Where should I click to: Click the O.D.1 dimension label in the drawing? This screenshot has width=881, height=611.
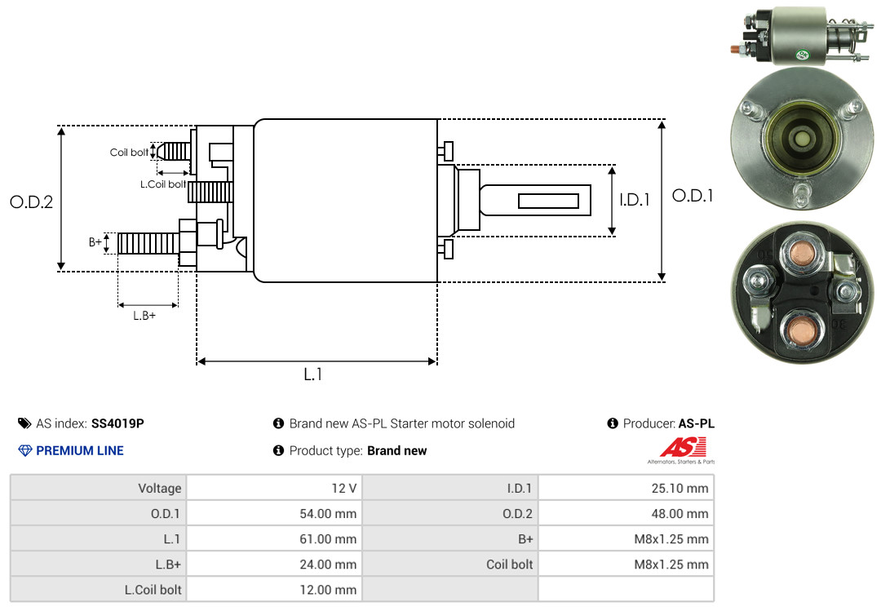693,196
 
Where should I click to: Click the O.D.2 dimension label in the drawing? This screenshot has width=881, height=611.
31,202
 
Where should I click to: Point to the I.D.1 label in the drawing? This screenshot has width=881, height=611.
634,199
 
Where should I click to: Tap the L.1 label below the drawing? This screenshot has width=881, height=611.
313,374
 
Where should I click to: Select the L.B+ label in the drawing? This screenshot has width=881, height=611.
144,316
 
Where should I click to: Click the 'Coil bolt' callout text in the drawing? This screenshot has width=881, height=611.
129,153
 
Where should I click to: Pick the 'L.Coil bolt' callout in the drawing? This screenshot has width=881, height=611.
163,184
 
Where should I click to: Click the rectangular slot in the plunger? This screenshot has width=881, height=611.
548,201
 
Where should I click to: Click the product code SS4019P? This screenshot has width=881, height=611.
117,423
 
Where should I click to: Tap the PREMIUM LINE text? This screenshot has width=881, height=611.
80,450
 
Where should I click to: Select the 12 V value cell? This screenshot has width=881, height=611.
274,489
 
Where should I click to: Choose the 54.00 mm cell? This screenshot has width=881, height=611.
274,514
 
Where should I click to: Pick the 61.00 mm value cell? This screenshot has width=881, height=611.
274,539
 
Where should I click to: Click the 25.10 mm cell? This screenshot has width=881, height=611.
626,489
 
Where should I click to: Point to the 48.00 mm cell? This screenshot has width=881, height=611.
626,514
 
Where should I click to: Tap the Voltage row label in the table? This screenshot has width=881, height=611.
159,489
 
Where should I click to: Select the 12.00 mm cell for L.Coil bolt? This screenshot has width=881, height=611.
274,589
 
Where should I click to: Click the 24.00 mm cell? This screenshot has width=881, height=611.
274,564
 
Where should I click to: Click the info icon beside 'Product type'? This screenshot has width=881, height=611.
278,450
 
